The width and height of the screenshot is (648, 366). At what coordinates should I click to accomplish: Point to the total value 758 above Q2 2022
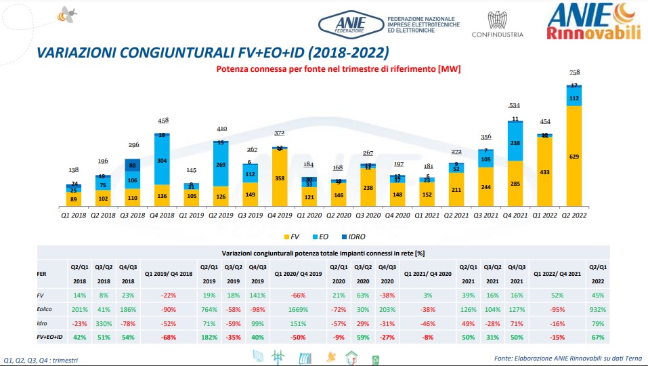coord(574,73)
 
